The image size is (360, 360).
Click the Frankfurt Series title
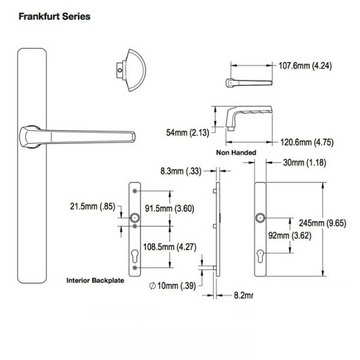coord(48,16)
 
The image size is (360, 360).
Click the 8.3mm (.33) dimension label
coord(180,171)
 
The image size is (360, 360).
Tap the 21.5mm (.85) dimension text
coord(91,207)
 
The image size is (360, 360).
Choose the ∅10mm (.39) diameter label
coord(172,286)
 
